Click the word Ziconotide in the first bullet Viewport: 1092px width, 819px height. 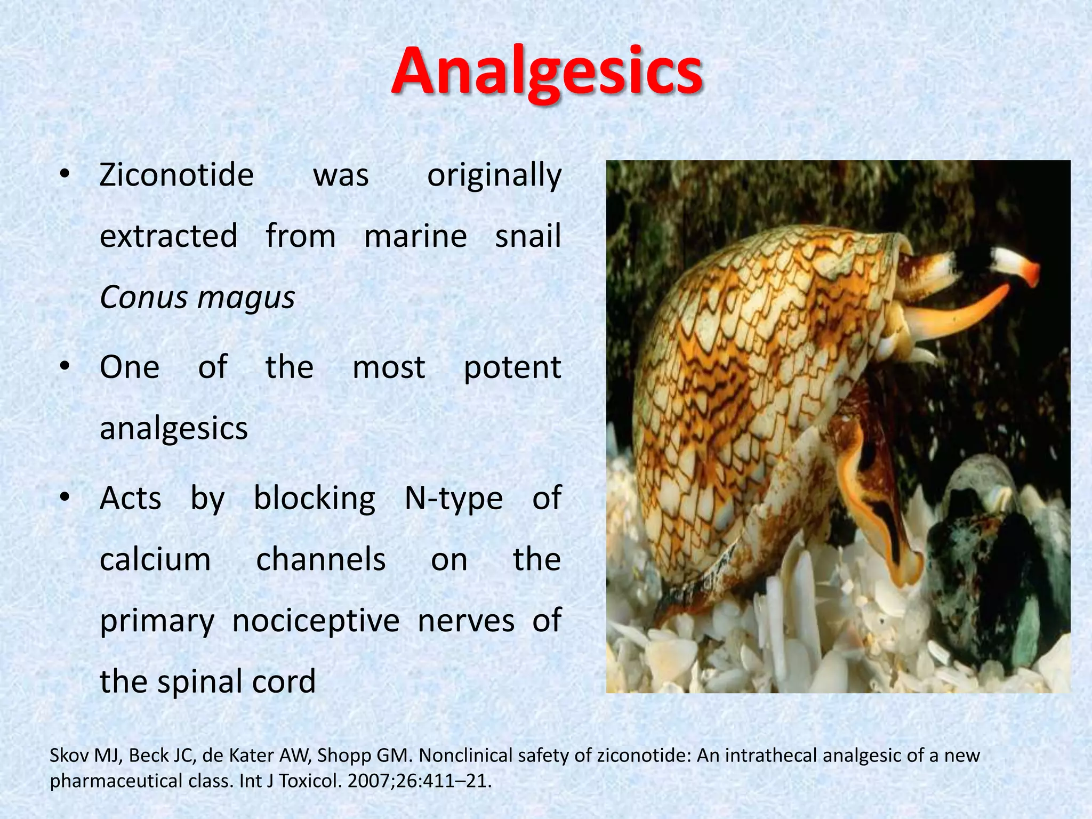(x=176, y=175)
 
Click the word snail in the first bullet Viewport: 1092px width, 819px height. (x=527, y=236)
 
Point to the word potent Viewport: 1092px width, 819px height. (x=512, y=368)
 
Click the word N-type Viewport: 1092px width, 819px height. (x=453, y=499)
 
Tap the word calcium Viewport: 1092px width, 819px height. (x=155, y=560)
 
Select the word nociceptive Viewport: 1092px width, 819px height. (x=316, y=621)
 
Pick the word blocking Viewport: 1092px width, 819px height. (x=314, y=499)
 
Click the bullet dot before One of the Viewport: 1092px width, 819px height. (x=65, y=367)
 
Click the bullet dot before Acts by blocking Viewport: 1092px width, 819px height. (x=65, y=497)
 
